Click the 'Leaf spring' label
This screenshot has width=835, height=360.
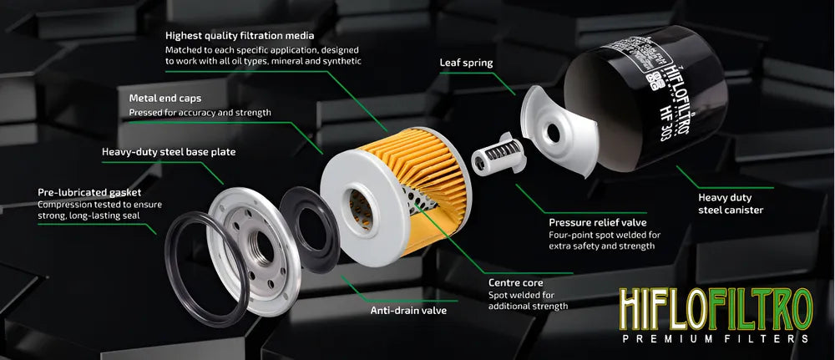[466, 63]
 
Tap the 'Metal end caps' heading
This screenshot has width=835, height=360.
[165, 99]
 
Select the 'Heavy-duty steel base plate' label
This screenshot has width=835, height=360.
[169, 152]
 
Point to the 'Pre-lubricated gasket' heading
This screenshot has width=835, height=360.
[89, 192]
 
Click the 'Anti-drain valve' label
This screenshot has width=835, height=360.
[408, 310]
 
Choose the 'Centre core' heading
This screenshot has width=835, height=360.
[514, 283]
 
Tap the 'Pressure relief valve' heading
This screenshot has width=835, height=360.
[598, 223]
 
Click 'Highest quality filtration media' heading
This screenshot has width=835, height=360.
[240, 36]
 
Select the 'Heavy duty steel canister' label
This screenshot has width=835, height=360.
[731, 204]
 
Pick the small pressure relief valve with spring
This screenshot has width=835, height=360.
[498, 155]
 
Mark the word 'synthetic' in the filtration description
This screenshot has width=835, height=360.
[342, 61]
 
